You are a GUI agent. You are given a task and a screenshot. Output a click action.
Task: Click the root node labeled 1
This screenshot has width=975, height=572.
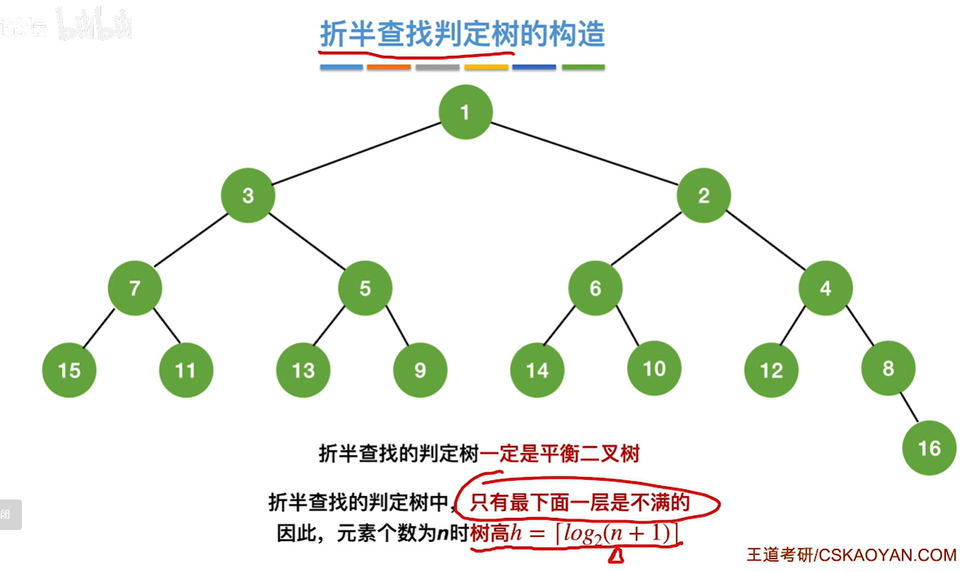[465, 112]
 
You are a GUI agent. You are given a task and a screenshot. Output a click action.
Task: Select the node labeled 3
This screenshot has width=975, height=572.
[248, 196]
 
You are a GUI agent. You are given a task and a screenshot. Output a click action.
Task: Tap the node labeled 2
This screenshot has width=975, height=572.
[703, 196]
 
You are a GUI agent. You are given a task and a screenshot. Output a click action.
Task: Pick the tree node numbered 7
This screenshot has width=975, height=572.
[135, 288]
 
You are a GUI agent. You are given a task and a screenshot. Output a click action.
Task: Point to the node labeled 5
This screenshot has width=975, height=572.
[365, 288]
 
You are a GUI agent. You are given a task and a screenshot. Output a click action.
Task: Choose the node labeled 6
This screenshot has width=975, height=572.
[595, 288]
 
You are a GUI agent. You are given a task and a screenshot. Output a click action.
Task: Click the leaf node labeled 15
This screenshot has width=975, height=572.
[69, 370]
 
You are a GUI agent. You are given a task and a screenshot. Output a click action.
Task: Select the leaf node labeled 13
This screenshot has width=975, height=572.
[303, 370]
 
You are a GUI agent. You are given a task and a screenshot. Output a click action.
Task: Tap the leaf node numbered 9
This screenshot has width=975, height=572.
[420, 370]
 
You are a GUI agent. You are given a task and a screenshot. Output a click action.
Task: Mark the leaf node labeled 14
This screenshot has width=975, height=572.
[537, 370]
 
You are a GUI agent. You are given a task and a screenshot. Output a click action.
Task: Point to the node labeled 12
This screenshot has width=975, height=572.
[771, 370]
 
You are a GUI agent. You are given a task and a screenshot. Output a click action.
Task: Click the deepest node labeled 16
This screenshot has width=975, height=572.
[929, 448]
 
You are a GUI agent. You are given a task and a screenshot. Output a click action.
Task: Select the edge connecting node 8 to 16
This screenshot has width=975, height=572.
[909, 408]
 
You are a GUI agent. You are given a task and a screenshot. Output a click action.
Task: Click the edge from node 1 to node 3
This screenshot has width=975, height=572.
[356, 154]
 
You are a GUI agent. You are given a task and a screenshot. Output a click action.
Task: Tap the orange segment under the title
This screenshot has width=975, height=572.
[389, 67]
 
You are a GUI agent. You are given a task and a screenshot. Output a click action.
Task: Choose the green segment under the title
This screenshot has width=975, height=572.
[583, 67]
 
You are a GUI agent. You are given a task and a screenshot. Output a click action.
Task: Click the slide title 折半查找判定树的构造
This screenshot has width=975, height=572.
[462, 34]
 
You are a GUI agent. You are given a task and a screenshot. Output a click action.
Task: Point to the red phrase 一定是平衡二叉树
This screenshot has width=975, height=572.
[560, 454]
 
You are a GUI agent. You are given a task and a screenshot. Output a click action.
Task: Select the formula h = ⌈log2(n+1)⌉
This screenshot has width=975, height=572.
[594, 534]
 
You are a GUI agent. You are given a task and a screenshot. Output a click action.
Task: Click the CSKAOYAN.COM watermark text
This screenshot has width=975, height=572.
[887, 555]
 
